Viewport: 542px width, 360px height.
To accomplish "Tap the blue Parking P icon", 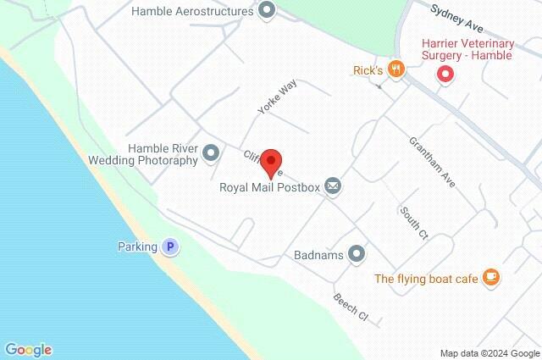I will click(x=170, y=247).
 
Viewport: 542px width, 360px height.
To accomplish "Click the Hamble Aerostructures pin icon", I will click(x=268, y=12).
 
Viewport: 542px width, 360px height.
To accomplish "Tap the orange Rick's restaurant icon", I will click(x=394, y=68).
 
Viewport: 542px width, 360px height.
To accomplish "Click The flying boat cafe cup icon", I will click(x=490, y=278).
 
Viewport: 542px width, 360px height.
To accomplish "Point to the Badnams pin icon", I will click(x=357, y=253).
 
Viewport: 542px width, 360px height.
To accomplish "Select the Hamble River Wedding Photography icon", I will click(x=211, y=154).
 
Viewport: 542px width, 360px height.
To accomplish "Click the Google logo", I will click(x=28, y=349).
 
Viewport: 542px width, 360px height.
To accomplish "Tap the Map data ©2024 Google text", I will click(x=489, y=352).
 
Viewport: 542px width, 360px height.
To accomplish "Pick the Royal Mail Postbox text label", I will click(x=268, y=187).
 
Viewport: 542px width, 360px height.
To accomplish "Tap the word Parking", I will click(x=137, y=247).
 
